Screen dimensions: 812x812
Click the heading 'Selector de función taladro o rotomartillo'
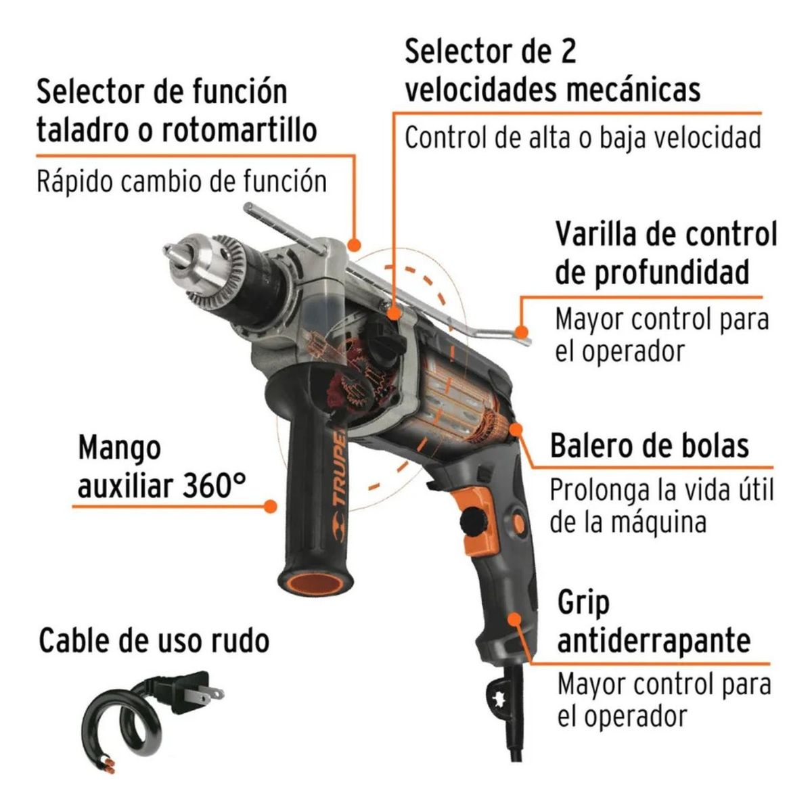point(176,110)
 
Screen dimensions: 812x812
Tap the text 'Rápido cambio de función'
point(181,181)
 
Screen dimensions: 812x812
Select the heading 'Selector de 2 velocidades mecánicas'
point(551,71)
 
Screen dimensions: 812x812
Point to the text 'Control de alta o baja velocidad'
point(583,137)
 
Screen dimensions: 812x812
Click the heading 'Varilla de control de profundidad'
point(666,253)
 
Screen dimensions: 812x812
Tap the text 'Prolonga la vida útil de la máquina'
point(660,505)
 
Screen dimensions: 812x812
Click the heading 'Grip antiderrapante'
point(653,621)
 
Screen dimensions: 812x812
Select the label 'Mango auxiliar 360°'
point(161,467)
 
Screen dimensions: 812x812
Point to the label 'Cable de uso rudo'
point(154,640)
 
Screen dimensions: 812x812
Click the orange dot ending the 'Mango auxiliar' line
point(271,505)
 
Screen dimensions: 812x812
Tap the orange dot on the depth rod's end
point(520,332)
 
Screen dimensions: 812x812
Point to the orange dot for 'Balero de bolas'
point(517,429)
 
